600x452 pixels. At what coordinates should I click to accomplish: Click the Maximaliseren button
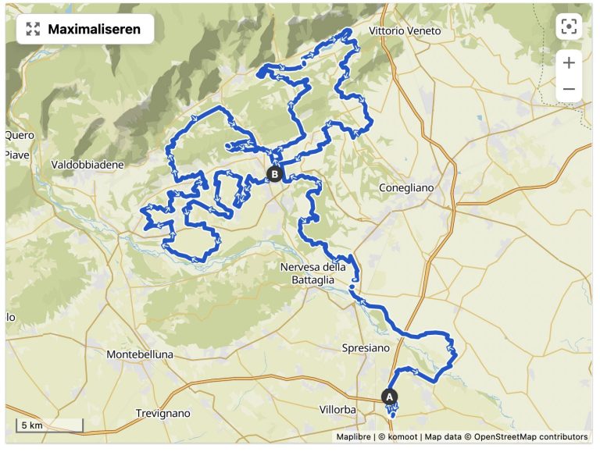click(85, 29)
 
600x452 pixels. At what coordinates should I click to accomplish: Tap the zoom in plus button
click(569, 62)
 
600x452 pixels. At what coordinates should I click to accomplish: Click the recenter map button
click(569, 27)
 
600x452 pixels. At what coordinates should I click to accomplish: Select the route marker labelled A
click(389, 396)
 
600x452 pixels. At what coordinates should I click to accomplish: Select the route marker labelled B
click(273, 174)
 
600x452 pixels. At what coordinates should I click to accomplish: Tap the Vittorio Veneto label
click(405, 31)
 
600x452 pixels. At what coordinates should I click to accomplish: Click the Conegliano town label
click(405, 188)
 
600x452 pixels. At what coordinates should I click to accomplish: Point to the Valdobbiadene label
click(87, 165)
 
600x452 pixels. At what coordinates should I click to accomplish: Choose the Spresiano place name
click(367, 347)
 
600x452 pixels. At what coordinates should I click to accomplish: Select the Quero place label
click(20, 135)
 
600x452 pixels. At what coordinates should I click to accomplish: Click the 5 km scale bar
click(49, 425)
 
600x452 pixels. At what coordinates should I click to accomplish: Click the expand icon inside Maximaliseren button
click(33, 29)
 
